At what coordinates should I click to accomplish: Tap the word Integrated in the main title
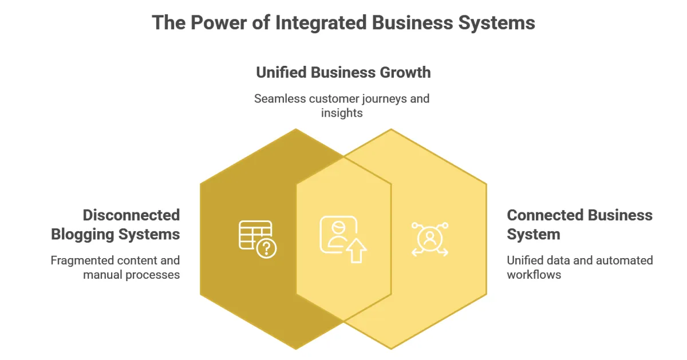click(x=321, y=22)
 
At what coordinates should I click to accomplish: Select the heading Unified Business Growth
click(x=343, y=73)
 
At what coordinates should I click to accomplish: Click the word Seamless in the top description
click(x=279, y=98)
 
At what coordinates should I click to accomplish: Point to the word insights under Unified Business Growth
click(x=342, y=113)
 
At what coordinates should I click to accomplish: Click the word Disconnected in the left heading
click(x=131, y=215)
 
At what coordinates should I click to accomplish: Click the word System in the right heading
click(x=534, y=234)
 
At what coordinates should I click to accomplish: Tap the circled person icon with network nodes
click(x=429, y=238)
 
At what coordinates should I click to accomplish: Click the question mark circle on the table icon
click(x=267, y=248)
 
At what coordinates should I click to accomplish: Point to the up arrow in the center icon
click(x=357, y=251)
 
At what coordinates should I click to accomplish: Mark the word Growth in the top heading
click(x=405, y=73)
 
